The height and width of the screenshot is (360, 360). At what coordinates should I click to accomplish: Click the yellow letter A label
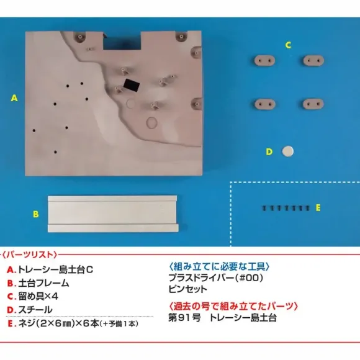pyautogui.click(x=14, y=98)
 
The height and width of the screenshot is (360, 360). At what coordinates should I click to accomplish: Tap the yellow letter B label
pyautogui.click(x=36, y=214)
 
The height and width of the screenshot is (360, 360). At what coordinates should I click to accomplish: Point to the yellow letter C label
pyautogui.click(x=289, y=45)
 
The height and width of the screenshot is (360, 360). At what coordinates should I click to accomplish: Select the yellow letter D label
pyautogui.click(x=269, y=152)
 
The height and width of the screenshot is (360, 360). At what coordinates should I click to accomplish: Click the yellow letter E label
pyautogui.click(x=318, y=208)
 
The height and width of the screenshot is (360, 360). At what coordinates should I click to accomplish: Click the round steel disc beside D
pyautogui.click(x=287, y=151)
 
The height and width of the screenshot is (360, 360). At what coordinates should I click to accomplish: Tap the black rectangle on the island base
pyautogui.click(x=132, y=85)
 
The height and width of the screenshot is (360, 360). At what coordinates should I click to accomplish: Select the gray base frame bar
pyautogui.click(x=113, y=214)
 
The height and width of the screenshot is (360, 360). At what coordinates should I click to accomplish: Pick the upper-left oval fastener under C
pyautogui.click(x=264, y=61)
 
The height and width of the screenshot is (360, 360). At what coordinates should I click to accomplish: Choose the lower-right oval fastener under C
pyautogui.click(x=313, y=104)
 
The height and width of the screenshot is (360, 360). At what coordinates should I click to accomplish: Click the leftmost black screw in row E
pyautogui.click(x=264, y=208)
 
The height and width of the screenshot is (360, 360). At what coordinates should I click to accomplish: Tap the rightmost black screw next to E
pyautogui.click(x=308, y=208)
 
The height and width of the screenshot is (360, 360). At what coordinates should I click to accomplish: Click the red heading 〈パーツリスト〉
pyautogui.click(x=30, y=254)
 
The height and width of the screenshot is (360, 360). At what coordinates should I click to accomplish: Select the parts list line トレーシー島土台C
pyautogui.click(x=56, y=269)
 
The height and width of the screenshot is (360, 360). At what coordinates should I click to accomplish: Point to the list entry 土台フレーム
pyautogui.click(x=43, y=283)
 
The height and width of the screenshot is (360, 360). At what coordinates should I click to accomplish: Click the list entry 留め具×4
pyautogui.click(x=38, y=297)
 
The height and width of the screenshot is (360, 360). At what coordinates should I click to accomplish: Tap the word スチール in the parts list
pyautogui.click(x=35, y=310)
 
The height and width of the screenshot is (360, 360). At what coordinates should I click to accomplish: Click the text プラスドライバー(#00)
pyautogui.click(x=216, y=278)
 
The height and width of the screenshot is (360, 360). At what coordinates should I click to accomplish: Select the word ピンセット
pyautogui.click(x=188, y=289)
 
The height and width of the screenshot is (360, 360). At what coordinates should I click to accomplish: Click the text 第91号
pyautogui.click(x=184, y=318)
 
